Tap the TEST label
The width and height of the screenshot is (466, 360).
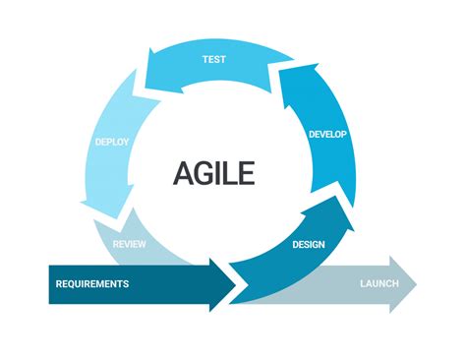point(214,59)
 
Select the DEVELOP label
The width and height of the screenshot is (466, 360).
point(327,134)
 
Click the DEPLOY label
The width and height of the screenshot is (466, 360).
point(111,142)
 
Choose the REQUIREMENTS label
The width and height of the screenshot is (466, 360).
point(92,284)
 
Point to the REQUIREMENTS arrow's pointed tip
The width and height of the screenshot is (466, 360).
point(235,284)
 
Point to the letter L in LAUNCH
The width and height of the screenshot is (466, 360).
point(362,284)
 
